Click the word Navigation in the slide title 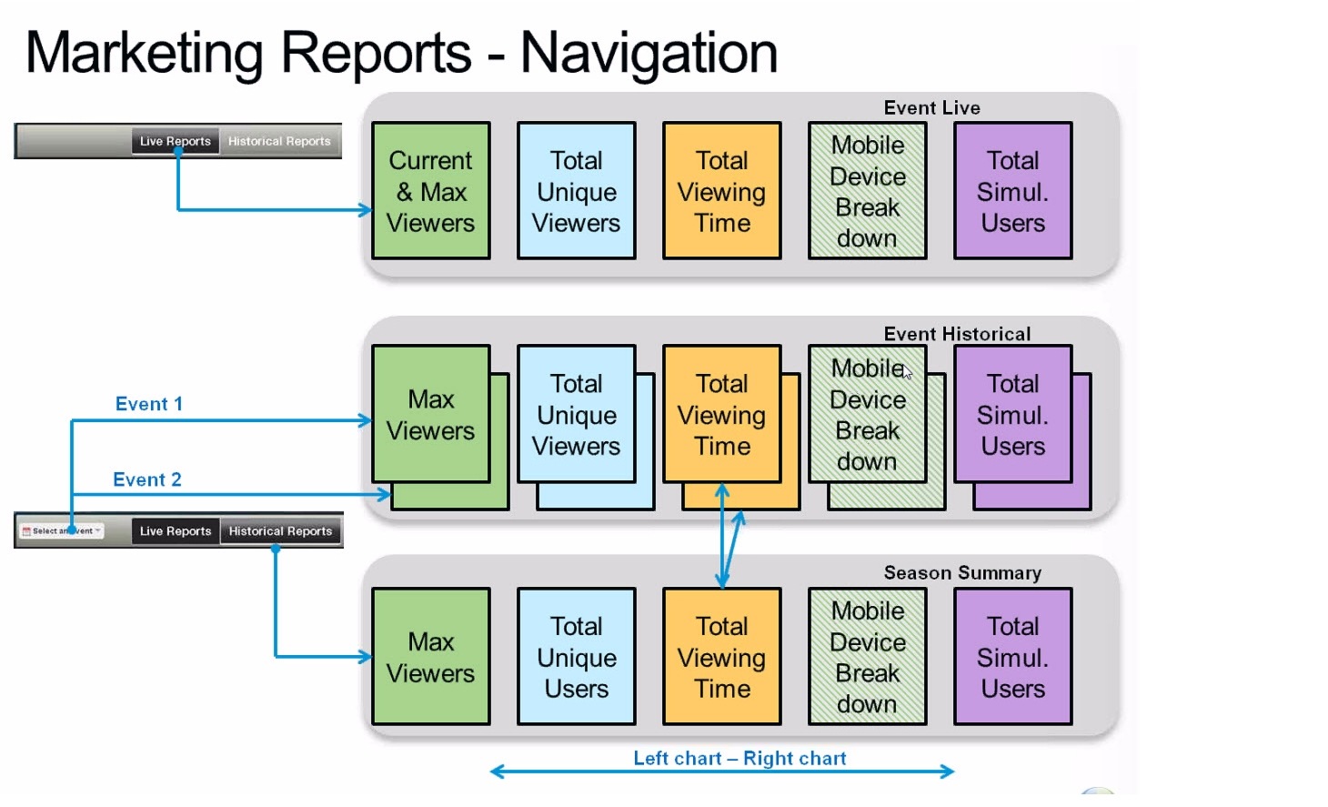point(649,53)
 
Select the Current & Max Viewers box point(430,191)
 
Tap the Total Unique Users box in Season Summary point(576,657)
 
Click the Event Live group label point(931,108)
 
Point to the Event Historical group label point(957,334)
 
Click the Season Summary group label point(962,573)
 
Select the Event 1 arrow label point(148,404)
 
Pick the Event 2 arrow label point(146,479)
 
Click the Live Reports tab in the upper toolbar point(176,141)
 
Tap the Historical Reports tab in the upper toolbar point(279,141)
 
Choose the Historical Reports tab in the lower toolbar point(280,531)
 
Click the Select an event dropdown point(62,530)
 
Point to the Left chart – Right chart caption point(739,759)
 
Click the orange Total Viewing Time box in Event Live point(721,191)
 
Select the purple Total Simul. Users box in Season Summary point(1012,657)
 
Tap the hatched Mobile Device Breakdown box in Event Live point(867,191)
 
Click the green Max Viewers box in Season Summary point(430,657)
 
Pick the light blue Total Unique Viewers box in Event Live point(576,191)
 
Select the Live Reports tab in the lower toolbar point(176,531)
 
